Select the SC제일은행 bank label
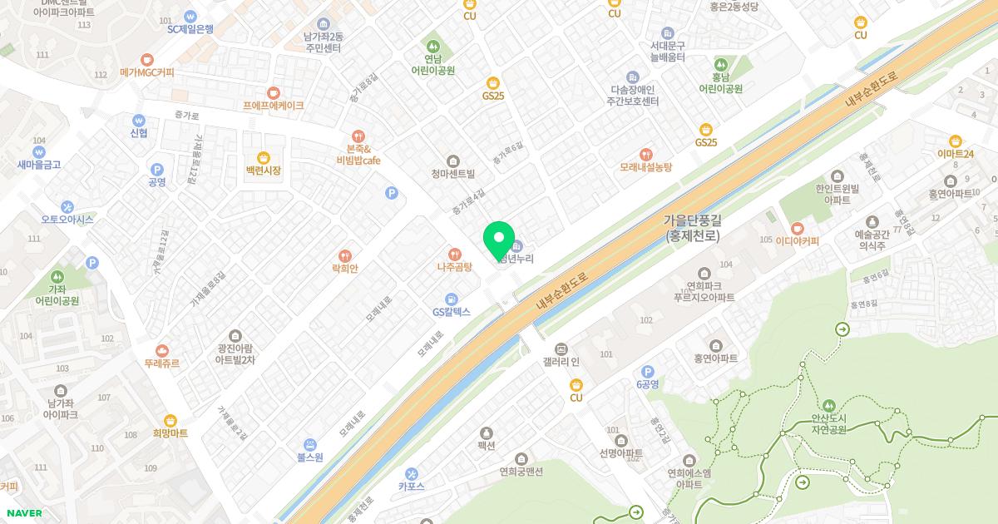pyautogui.click(x=190, y=29)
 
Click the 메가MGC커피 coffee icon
pyautogui.click(x=147, y=59)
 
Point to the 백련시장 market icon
pyautogui.click(x=264, y=156)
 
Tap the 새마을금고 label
pyautogui.click(x=39, y=165)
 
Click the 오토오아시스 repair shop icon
pyautogui.click(x=67, y=206)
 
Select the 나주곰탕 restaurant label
pyautogui.click(x=454, y=268)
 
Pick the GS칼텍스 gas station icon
pyautogui.click(x=451, y=299)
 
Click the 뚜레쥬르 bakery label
pyautogui.click(x=161, y=363)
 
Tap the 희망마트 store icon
pyautogui.click(x=170, y=420)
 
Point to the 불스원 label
pyautogui.click(x=309, y=457)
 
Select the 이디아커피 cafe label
pyautogui.click(x=798, y=241)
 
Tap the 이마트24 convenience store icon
pyautogui.click(x=955, y=141)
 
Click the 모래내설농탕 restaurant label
pyautogui.click(x=645, y=167)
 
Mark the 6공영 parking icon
pyautogui.click(x=647, y=371)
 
